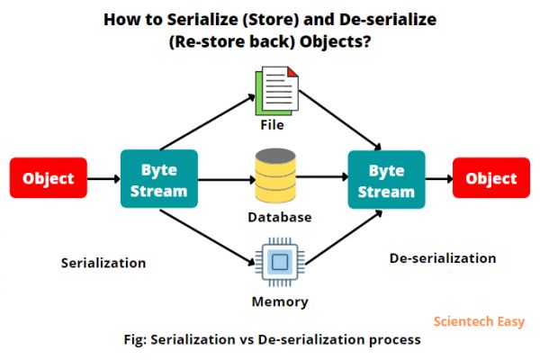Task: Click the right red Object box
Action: (491, 178)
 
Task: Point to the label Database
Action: (280, 217)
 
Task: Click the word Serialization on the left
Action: (103, 264)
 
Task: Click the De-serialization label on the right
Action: (443, 258)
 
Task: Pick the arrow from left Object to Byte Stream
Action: (103, 178)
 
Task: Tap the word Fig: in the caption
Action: (137, 341)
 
